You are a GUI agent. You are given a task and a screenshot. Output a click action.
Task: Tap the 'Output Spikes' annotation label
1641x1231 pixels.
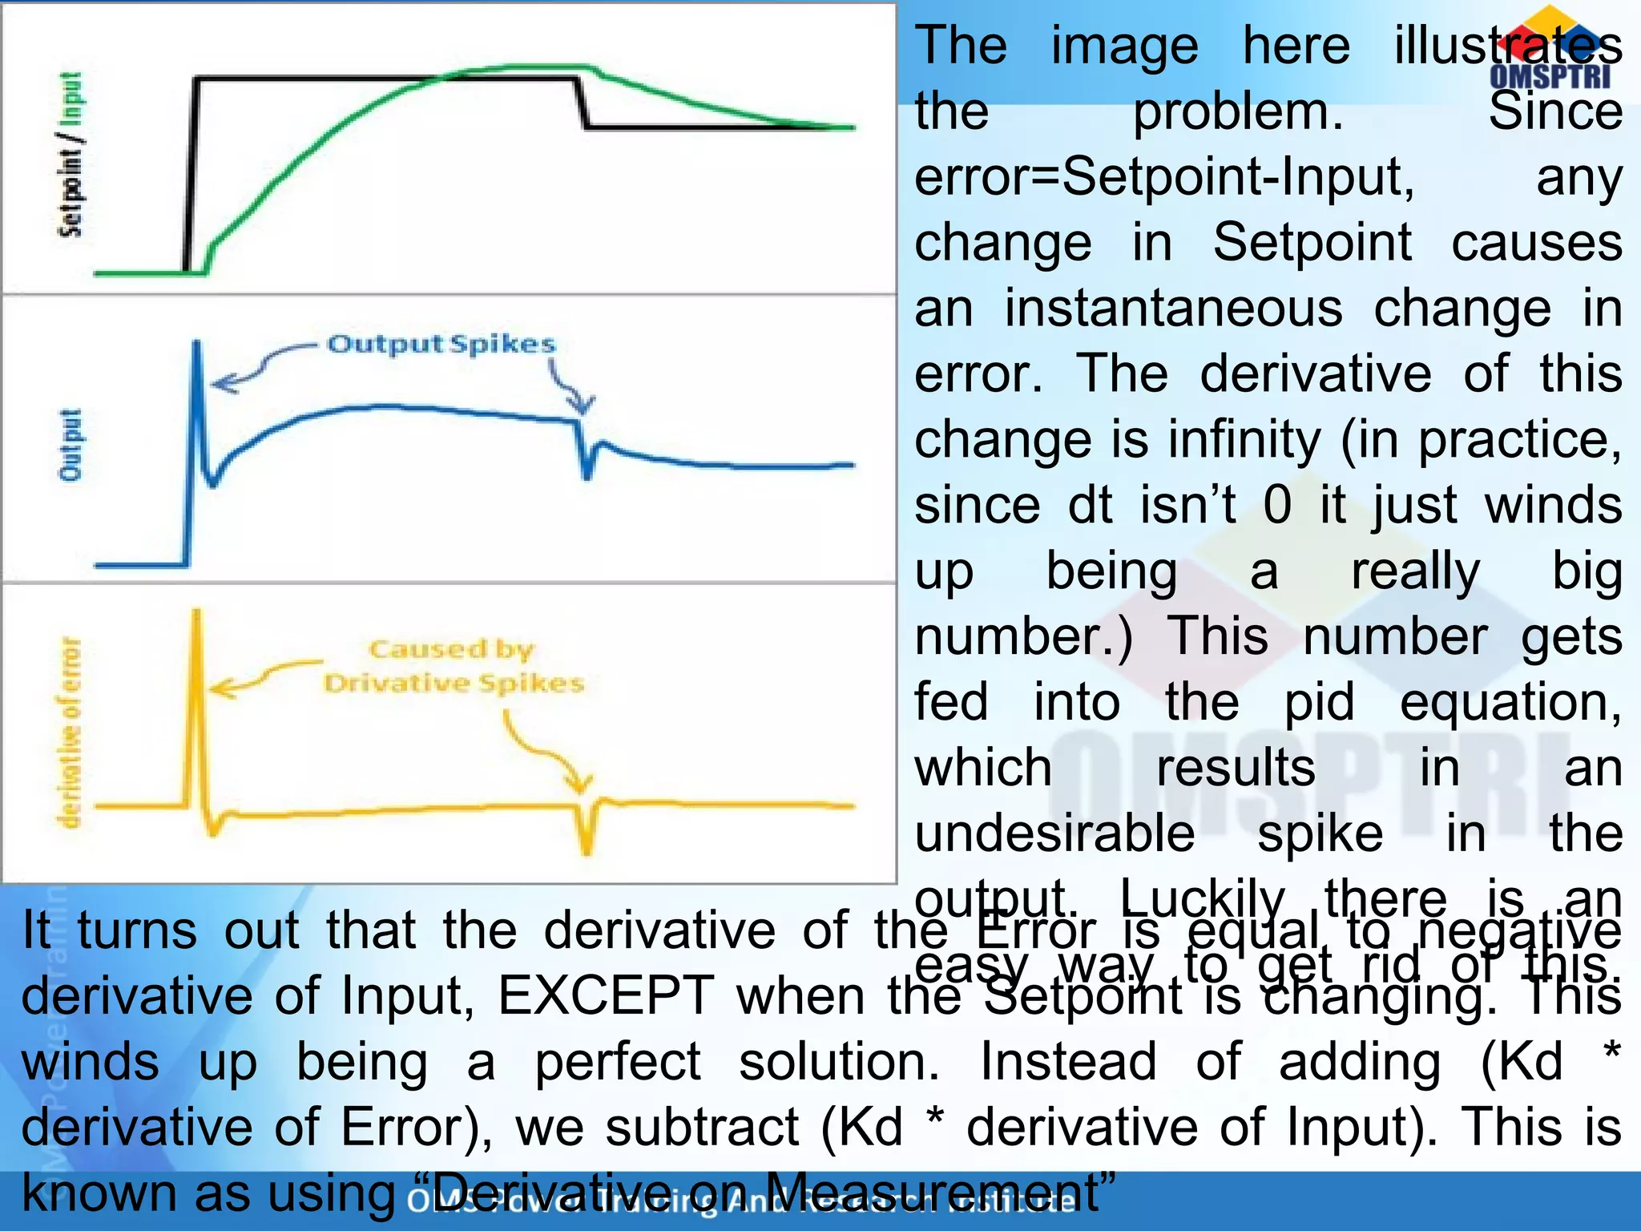coord(441,344)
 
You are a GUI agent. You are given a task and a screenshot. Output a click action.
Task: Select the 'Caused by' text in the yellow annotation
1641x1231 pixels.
coord(451,648)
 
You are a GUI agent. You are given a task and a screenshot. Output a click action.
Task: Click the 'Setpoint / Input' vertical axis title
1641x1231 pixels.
coord(71,154)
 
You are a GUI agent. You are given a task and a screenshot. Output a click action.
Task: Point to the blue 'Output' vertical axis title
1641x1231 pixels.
coord(71,445)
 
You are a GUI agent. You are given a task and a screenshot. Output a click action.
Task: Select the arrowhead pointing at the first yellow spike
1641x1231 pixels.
coord(220,688)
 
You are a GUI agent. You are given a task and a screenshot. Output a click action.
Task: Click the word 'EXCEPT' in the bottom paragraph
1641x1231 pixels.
coord(605,996)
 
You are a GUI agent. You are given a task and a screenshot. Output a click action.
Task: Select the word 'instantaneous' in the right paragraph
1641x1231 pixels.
coord(1173,308)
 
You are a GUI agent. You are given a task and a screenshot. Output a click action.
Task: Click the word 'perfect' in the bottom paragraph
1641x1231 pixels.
coord(617,1062)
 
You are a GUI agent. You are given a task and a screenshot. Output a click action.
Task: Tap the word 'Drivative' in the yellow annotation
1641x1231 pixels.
coord(396,684)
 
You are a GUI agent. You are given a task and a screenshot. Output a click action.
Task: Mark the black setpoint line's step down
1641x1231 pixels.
coord(583,103)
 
